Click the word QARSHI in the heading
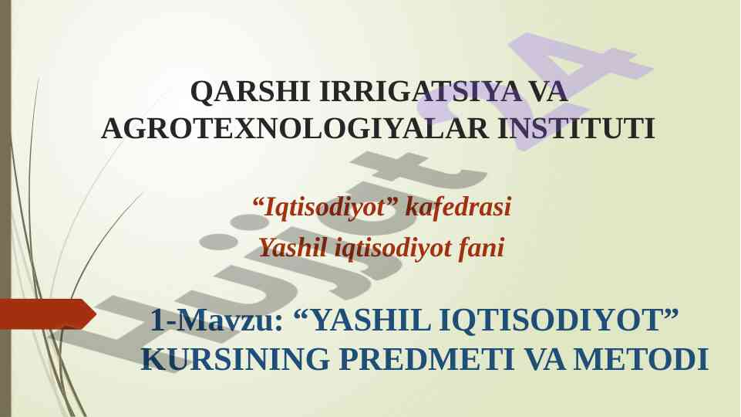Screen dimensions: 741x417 click(x=250, y=92)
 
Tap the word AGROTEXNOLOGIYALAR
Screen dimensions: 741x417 click(x=295, y=129)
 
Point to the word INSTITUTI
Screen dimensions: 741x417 click(x=577, y=129)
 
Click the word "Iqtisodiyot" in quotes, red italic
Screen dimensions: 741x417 click(x=325, y=207)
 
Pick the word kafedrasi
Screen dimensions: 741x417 click(x=458, y=206)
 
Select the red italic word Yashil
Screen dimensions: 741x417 click(x=293, y=247)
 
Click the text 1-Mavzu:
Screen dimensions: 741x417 click(x=217, y=320)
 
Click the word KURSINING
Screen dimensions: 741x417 click(x=235, y=359)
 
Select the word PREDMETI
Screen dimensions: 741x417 click(x=426, y=359)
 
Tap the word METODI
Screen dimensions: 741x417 click(x=641, y=359)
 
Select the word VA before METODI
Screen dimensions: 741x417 click(x=544, y=359)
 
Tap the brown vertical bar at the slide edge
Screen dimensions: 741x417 click(x=5, y=208)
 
